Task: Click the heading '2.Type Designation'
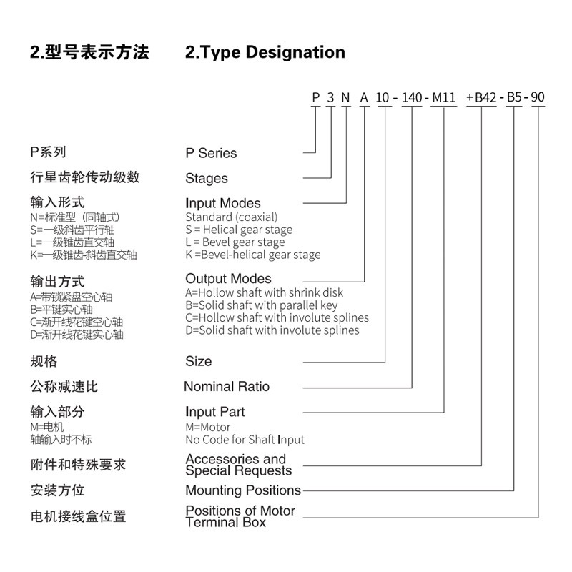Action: click(x=265, y=52)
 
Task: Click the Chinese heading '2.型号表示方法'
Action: click(x=89, y=52)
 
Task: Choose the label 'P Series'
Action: click(x=211, y=153)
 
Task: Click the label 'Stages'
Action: click(x=207, y=178)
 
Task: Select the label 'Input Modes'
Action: click(x=223, y=203)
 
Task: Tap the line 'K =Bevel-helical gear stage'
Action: click(x=253, y=255)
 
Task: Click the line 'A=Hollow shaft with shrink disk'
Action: click(x=264, y=292)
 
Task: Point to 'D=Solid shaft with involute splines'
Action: click(x=272, y=330)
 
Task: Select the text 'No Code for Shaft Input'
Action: click(x=245, y=440)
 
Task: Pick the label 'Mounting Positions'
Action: click(x=243, y=490)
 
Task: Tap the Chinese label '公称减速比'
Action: click(x=64, y=387)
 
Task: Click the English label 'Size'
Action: click(x=199, y=361)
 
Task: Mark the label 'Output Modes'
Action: click(x=229, y=279)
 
